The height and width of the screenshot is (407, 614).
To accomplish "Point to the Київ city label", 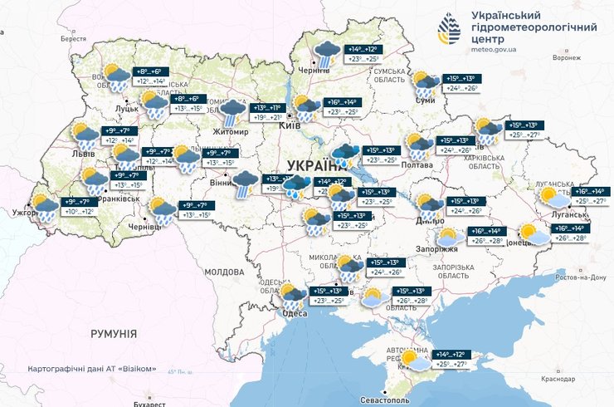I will pyautogui.click(x=290, y=125).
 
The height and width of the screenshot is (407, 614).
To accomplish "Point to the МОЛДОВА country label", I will pyautogui.click(x=223, y=272).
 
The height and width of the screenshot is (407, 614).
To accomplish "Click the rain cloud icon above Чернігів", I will pyautogui.click(x=324, y=53).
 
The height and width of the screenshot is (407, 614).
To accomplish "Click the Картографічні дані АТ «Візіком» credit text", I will pyautogui.click(x=91, y=368).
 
